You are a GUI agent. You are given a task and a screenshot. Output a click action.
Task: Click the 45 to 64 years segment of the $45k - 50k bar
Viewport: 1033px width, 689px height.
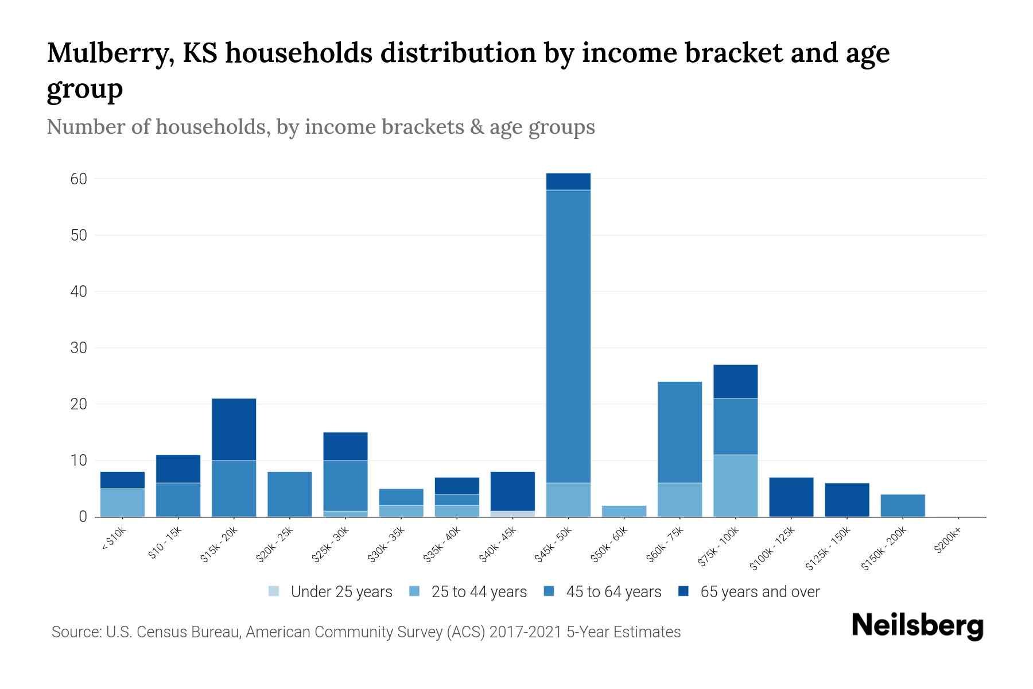(568, 336)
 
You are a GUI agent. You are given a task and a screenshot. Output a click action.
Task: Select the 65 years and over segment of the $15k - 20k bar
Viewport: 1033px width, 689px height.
(234, 429)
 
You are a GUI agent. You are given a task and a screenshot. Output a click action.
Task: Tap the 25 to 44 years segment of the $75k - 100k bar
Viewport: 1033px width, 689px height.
(735, 486)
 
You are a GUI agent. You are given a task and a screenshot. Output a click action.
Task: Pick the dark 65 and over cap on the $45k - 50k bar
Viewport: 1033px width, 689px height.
(568, 181)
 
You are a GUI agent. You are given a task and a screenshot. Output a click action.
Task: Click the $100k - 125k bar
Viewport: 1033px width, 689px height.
(791, 497)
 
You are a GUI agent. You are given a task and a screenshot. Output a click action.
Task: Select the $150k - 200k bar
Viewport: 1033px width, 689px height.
(903, 505)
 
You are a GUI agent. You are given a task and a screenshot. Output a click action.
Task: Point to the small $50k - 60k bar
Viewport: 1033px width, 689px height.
(624, 511)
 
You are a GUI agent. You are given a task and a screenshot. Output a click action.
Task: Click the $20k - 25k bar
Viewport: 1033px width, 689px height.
(290, 494)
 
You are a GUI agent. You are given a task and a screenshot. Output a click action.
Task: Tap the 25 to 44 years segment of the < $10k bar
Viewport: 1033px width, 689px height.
(122, 502)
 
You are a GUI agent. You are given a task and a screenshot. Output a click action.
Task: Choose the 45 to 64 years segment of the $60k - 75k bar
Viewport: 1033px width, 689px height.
(679, 432)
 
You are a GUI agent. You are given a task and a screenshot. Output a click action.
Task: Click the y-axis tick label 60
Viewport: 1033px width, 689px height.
(79, 179)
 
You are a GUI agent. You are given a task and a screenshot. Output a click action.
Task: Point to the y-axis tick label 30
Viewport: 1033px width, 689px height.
(79, 348)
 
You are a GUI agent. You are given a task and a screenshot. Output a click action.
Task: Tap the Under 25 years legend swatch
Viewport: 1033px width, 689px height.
(274, 591)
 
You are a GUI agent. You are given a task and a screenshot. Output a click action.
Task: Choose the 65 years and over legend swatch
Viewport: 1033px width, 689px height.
(683, 591)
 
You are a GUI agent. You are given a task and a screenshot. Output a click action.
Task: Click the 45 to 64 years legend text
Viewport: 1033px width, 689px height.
(613, 592)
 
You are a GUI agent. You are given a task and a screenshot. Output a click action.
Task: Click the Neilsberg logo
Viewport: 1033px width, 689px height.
(917, 626)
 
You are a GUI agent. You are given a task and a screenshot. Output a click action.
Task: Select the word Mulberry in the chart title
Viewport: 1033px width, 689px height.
(111, 53)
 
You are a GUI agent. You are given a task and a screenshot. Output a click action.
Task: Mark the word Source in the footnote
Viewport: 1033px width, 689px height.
(75, 632)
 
